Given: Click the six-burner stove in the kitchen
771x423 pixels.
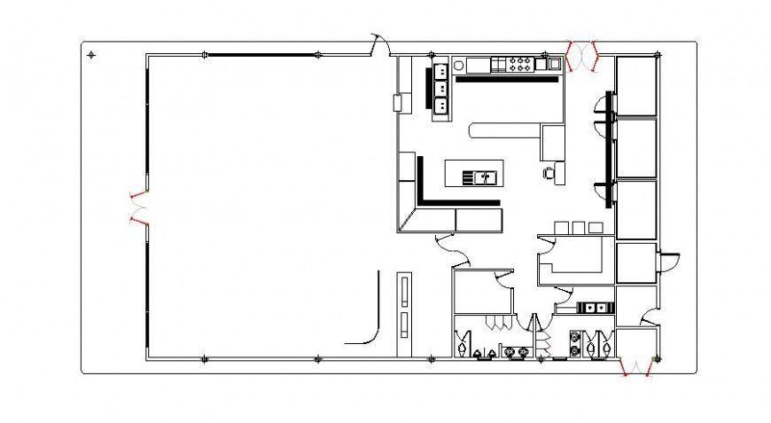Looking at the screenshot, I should tap(519, 64).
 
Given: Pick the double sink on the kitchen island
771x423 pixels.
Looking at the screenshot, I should tap(483, 177).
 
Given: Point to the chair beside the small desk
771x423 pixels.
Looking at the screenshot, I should tap(549, 172).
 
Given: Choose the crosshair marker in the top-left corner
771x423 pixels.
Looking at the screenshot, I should tap(91, 55).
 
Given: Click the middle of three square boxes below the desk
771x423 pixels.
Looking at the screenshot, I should tap(577, 228).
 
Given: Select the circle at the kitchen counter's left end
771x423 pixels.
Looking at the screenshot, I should tap(458, 64).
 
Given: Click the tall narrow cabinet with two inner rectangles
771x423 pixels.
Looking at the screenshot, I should tap(404, 307).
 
